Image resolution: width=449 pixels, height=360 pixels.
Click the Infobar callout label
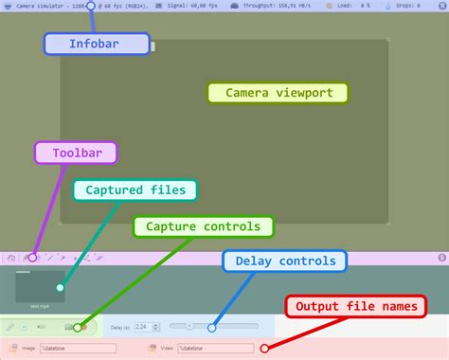click(97, 44)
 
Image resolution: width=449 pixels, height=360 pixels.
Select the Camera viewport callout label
click(278, 93)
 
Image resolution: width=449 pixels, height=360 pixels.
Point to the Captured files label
click(135, 190)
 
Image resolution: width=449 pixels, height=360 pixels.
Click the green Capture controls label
click(203, 226)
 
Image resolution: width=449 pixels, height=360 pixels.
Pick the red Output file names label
click(356, 307)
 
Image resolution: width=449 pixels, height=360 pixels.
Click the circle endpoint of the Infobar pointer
click(91, 6)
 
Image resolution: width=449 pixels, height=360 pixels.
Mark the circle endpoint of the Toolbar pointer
click(32, 257)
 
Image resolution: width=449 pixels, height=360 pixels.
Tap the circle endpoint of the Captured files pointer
click(60, 287)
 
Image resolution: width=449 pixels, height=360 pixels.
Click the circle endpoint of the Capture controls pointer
click(78, 327)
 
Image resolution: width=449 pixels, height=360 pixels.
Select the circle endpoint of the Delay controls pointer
click(212, 327)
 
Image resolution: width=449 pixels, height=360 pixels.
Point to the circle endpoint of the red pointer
click(276, 348)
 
